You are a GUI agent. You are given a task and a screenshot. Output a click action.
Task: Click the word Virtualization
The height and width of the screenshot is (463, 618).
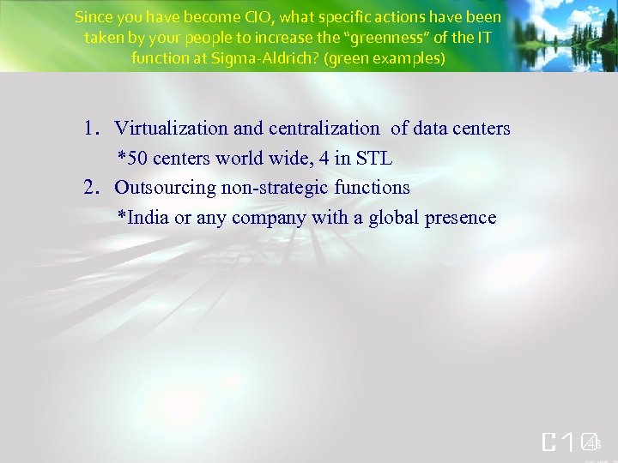[x=171, y=129]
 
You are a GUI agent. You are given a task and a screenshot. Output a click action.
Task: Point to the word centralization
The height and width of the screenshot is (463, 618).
[x=324, y=129]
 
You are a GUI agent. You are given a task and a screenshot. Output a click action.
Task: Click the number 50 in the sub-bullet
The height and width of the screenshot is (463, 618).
[x=137, y=159]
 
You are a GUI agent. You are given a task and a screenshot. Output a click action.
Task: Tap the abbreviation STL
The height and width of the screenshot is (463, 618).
[x=374, y=159]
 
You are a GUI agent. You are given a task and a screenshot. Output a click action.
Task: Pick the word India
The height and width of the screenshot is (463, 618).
[x=148, y=218]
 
